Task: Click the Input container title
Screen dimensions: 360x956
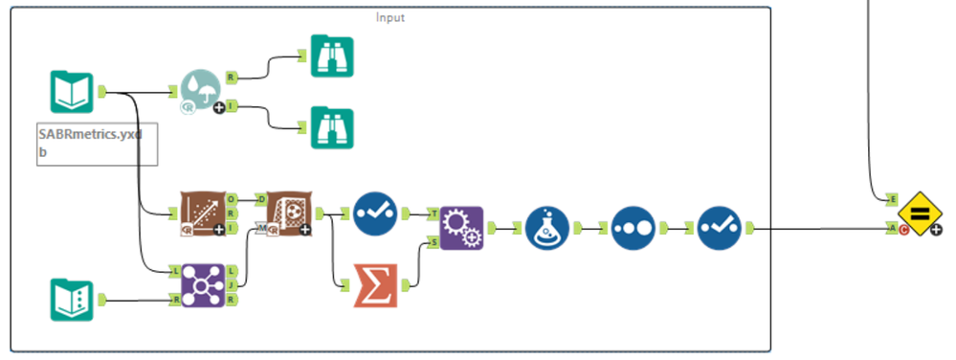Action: tap(389, 17)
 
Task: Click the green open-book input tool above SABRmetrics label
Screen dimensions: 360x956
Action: tap(71, 92)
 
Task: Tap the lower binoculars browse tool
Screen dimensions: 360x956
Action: tap(332, 127)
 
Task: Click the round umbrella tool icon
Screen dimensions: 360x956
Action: tap(200, 93)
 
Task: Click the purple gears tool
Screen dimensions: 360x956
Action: tap(461, 228)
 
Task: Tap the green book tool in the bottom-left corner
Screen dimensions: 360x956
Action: tap(71, 300)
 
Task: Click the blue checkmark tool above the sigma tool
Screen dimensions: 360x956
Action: tap(374, 214)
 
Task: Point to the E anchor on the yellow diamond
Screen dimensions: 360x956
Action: tap(892, 199)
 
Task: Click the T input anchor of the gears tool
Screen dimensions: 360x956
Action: tap(434, 214)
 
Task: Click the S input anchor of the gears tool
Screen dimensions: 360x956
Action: tap(434, 242)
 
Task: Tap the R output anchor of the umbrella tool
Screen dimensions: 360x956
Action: tap(231, 77)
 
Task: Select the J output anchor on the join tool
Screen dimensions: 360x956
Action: tap(232, 285)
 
